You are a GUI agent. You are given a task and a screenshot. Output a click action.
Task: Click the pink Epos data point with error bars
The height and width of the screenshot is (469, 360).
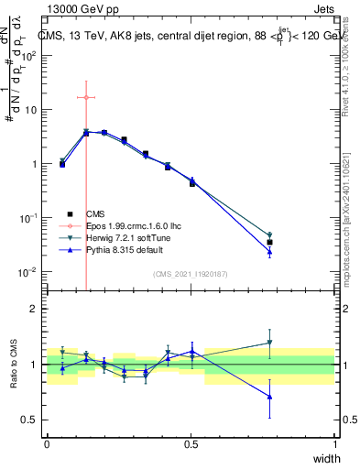[x=86, y=97]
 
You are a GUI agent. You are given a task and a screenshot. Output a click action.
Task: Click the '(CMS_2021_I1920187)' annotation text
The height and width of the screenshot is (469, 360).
[x=191, y=273]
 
